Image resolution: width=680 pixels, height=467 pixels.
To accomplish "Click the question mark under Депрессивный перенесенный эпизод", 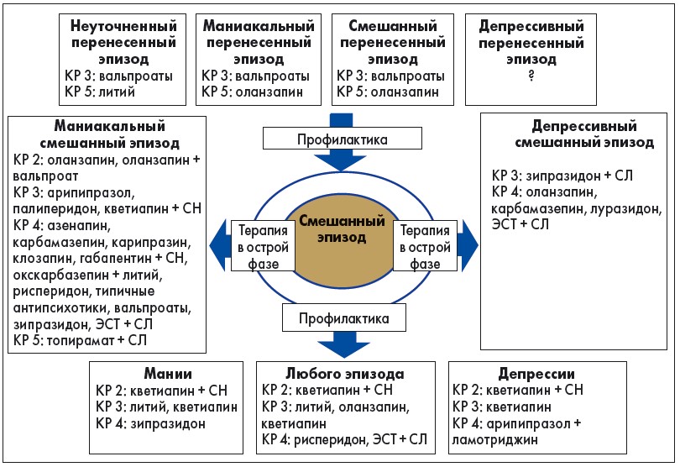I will click(530, 76).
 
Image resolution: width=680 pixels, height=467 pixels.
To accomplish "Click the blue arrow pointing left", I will click(219, 244).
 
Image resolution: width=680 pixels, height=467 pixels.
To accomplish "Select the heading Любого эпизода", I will click(345, 373).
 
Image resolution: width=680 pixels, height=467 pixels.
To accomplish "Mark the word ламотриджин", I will click(502, 438).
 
